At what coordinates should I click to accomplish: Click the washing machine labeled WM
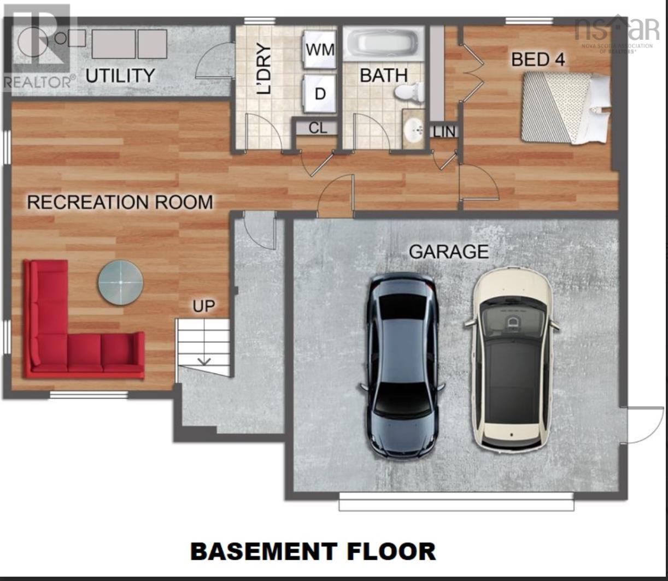pos(320,50)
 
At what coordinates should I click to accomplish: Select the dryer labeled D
pos(320,93)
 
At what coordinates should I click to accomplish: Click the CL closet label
pos(318,128)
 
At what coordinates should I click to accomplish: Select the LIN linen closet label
pos(444,132)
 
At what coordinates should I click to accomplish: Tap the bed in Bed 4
pos(565,108)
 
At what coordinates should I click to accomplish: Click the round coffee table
pos(120,282)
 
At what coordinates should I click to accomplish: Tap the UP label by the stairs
pos(203,306)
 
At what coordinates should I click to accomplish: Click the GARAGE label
pos(449,252)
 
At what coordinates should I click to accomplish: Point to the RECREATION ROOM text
pos(120,202)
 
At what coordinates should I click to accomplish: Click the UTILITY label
pos(120,75)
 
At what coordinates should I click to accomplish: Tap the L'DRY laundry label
pos(264,69)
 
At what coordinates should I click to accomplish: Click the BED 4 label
pos(538,60)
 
